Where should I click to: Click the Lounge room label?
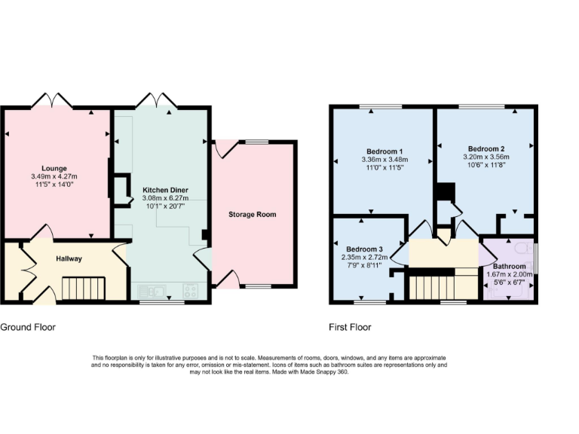point(54,168)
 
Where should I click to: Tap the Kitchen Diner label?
point(158,190)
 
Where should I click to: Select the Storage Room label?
point(252,215)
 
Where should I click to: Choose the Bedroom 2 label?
point(486,148)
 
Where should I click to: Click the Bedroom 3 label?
point(364,249)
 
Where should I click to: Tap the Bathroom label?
point(510,267)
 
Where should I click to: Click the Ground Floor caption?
point(28,328)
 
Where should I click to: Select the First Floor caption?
point(350,328)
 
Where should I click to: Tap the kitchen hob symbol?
point(190,290)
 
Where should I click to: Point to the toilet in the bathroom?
point(521,249)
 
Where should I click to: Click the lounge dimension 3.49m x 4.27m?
point(54,176)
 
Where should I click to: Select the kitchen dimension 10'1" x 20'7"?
point(158,206)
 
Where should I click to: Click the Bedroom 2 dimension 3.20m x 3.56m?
point(486,157)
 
